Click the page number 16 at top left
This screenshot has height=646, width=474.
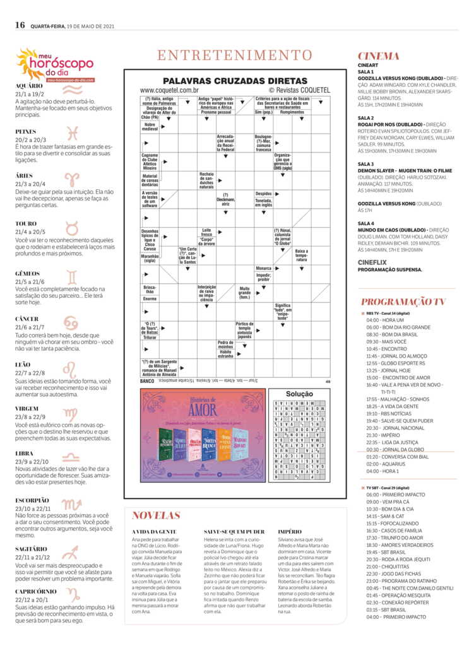[20, 25]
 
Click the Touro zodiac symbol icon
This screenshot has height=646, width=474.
[71, 229]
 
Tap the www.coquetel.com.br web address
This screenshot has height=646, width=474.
[165, 91]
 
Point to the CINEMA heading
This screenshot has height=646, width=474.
[379, 56]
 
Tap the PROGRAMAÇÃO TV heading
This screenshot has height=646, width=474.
[403, 302]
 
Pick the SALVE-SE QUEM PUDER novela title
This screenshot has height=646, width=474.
[234, 532]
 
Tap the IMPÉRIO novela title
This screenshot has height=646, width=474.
[290, 532]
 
